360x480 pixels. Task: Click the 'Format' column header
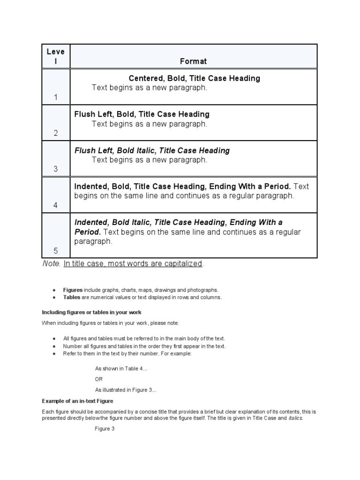tap(194, 61)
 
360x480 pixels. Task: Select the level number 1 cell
tap(55, 97)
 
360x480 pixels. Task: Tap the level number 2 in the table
tap(55, 134)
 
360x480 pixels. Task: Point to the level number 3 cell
tap(55, 169)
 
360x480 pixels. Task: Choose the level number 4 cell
tap(55, 205)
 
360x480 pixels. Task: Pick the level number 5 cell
tap(55, 251)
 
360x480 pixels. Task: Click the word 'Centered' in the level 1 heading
tap(145, 78)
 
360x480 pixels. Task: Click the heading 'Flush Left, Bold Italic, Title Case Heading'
tap(152, 150)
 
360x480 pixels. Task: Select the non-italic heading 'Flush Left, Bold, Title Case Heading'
tap(142, 114)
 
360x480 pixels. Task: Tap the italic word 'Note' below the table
tap(51, 264)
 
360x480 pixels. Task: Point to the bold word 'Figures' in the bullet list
tap(73, 290)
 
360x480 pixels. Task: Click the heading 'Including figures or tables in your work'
tap(91, 312)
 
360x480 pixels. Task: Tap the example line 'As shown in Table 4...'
tap(121, 369)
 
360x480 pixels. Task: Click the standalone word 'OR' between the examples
tap(99, 379)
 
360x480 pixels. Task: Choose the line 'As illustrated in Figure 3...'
tap(126, 390)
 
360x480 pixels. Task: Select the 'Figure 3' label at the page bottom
tap(105, 429)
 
